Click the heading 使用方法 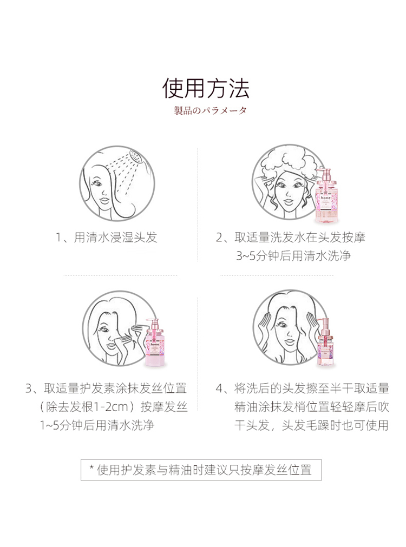(206, 88)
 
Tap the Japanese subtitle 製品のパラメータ (211, 110)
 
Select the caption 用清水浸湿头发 (115, 238)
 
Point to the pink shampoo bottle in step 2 (326, 196)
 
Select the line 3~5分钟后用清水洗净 (293, 256)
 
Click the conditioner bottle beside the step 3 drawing (154, 343)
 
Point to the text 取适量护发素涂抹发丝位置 (115, 388)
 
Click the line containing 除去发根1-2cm (114, 407)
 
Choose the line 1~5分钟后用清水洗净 (97, 425)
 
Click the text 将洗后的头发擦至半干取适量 (311, 388)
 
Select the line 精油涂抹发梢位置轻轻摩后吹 (311, 407)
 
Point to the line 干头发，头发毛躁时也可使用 (311, 425)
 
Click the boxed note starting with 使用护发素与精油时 (201, 470)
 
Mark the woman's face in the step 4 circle (287, 332)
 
